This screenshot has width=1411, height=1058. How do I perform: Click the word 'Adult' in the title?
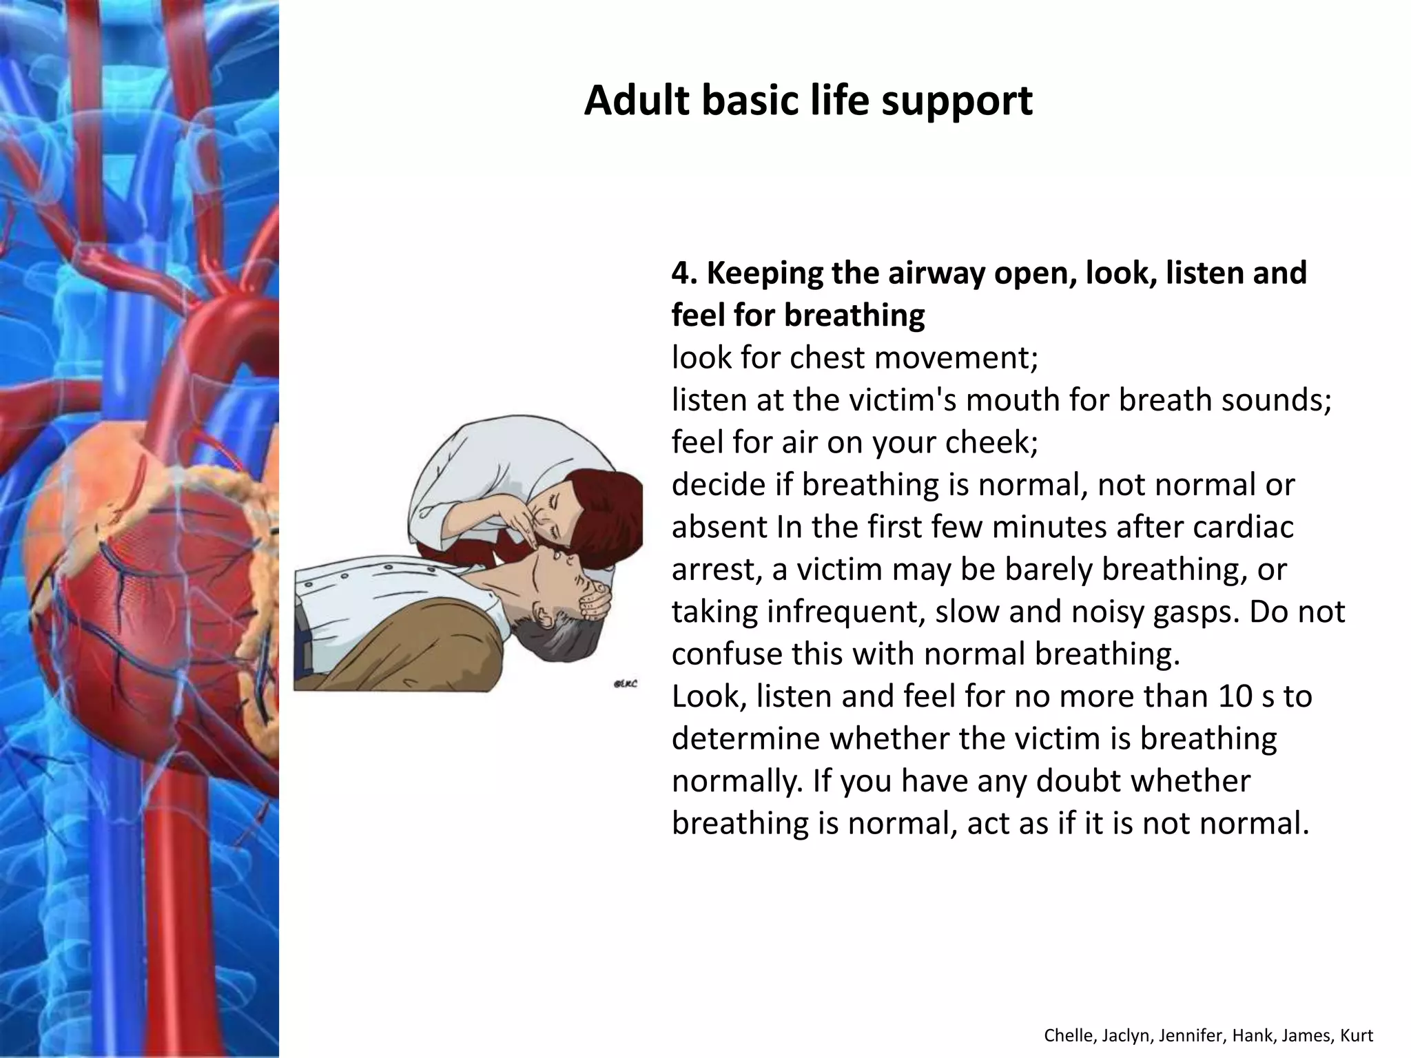636,101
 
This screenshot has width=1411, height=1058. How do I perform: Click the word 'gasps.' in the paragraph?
1195,612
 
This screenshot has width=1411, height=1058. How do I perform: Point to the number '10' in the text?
1239,696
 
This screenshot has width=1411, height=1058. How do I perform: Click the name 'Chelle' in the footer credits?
1065,1035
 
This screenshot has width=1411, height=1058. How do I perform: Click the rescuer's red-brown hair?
606,510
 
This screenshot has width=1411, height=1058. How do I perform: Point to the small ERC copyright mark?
625,684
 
